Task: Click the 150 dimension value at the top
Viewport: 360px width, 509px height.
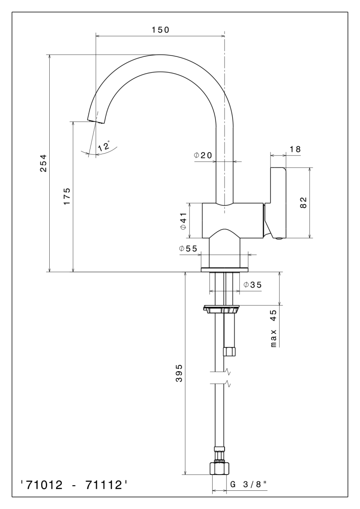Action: [x=160, y=30]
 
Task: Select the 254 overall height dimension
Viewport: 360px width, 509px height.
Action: [x=43, y=163]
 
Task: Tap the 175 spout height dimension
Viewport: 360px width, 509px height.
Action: [x=67, y=196]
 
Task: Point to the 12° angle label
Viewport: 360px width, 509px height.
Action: [x=104, y=145]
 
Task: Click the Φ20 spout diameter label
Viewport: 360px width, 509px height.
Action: [x=203, y=155]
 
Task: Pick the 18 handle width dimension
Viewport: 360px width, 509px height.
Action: [x=295, y=149]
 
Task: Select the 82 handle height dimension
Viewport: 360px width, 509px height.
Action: [x=304, y=203]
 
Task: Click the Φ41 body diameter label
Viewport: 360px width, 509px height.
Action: [x=183, y=221]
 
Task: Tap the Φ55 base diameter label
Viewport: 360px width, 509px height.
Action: [x=188, y=249]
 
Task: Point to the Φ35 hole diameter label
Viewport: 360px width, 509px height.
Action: [x=253, y=285]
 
